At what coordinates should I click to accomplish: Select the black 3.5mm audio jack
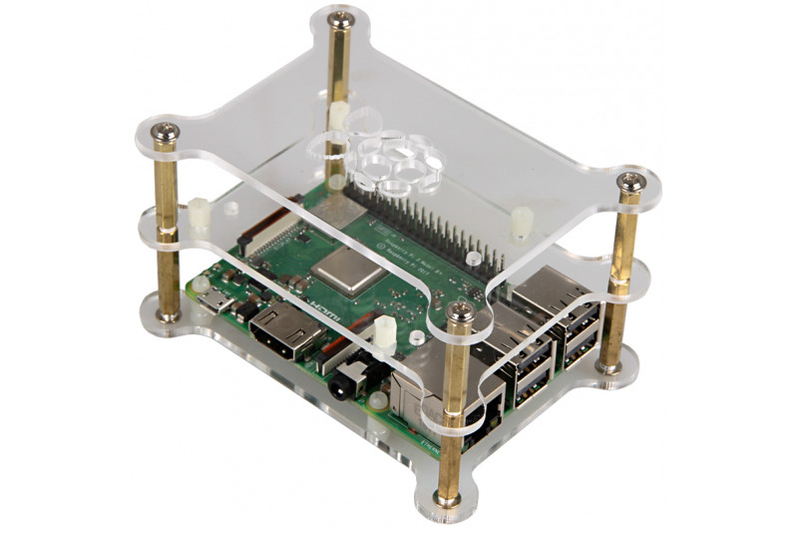pos(351,378)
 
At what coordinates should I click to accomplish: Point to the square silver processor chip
pos(345,266)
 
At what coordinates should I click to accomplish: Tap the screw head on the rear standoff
pos(339,18)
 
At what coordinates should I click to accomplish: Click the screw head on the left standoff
pos(166,131)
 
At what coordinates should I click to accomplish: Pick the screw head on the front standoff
pos(460,313)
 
